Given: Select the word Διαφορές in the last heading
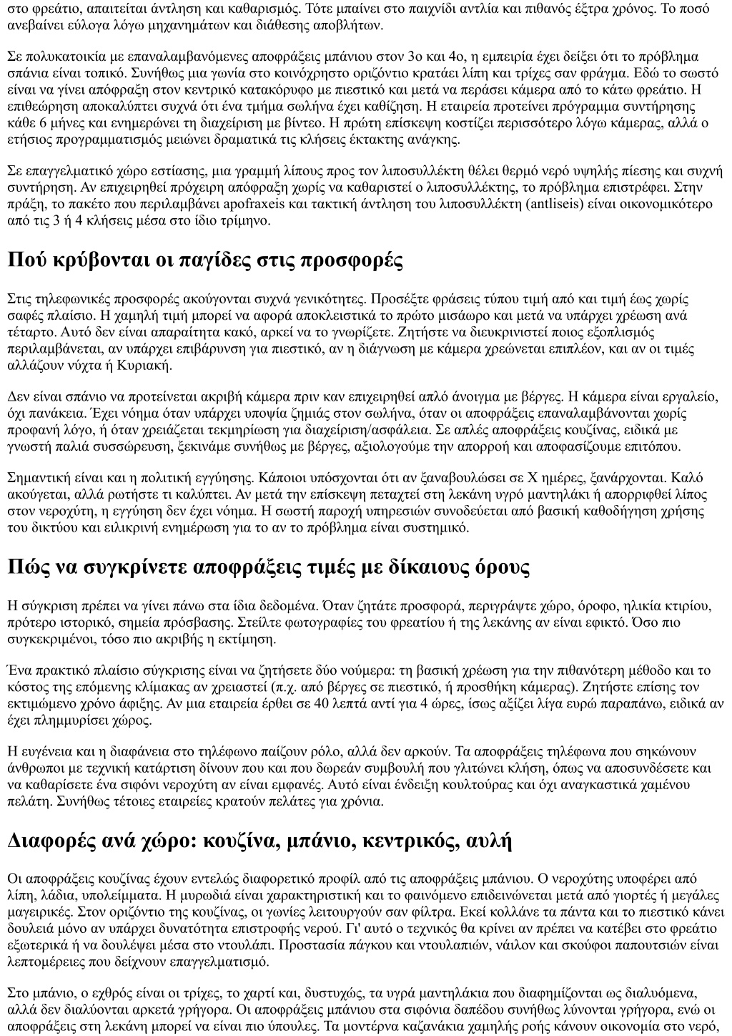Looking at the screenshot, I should (51, 841).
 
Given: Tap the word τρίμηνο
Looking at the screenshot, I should (226, 220).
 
